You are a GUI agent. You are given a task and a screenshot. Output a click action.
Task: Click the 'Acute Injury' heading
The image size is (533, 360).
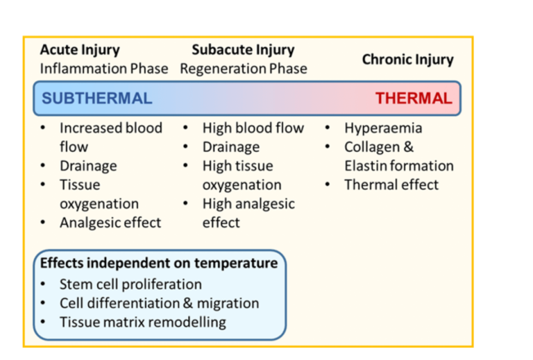80,50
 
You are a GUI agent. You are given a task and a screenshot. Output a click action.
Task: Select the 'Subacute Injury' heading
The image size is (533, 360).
243,50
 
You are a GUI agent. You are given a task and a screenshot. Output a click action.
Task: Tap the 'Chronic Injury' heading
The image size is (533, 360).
407,60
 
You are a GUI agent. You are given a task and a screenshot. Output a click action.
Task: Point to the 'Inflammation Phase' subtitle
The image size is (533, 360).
104,69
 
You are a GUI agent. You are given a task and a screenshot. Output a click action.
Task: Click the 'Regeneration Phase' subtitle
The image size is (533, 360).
243,69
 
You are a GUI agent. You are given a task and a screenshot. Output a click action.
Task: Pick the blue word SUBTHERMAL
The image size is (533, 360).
96,98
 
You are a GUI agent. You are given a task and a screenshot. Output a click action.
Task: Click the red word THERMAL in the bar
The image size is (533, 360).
414,98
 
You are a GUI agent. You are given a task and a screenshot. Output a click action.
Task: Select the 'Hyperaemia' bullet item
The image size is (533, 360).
383,128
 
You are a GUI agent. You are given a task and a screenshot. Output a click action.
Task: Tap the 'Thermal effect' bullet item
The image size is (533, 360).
391,185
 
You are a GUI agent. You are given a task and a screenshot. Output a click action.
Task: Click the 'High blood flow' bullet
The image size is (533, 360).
253,128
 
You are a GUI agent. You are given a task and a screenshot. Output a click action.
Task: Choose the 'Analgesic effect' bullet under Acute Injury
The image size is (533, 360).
110,223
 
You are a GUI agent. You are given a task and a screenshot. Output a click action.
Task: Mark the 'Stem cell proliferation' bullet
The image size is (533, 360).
130,284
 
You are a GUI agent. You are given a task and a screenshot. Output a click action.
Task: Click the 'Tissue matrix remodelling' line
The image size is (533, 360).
142,322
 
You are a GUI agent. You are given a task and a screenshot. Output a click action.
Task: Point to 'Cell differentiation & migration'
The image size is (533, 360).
159,303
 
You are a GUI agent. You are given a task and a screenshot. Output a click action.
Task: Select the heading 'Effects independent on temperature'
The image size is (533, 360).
159,264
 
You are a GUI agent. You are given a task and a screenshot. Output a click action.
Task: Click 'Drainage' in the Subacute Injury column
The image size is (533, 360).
231,147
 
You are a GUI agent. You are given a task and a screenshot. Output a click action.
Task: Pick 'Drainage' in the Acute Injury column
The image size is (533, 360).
88,166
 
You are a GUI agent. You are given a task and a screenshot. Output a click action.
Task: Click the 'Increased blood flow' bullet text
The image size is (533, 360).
111,128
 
